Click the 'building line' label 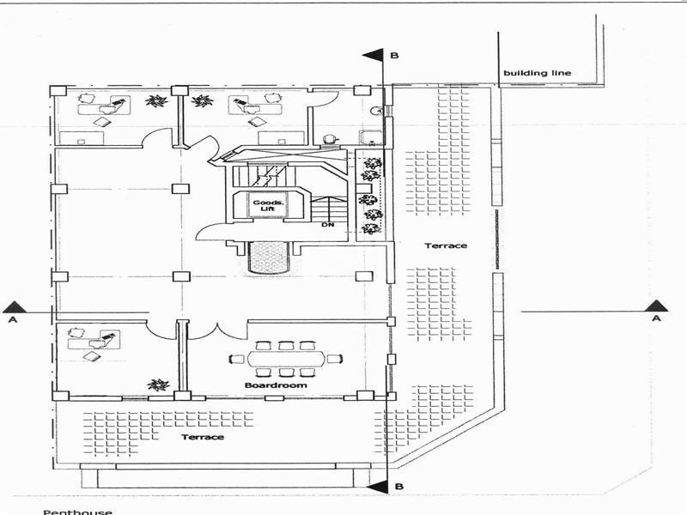[x=537, y=73]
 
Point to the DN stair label [x=328, y=225]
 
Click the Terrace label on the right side [x=446, y=246]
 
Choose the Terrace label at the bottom [x=202, y=437]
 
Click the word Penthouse [x=78, y=512]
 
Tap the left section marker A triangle [x=12, y=306]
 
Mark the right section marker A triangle [x=657, y=306]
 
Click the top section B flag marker [x=373, y=56]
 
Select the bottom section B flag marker [x=375, y=488]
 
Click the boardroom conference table [x=286, y=359]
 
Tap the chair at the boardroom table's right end [x=336, y=359]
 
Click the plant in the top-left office [x=155, y=101]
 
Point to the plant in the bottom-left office [x=156, y=385]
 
